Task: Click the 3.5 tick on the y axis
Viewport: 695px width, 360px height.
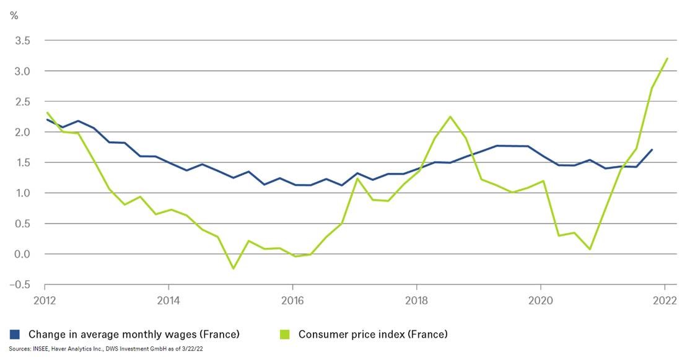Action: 24,41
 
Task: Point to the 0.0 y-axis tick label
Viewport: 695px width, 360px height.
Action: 24,254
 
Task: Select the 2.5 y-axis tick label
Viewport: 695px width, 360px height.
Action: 24,102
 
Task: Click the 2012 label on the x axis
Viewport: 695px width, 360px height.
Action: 45,302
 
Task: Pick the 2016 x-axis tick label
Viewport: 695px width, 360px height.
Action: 292,302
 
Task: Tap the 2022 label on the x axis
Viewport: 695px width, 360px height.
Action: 665,302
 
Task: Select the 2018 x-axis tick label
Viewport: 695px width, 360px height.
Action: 416,302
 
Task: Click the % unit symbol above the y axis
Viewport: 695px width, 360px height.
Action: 14,15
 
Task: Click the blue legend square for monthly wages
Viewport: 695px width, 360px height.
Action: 14,335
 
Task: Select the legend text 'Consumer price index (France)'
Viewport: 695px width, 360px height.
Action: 372,335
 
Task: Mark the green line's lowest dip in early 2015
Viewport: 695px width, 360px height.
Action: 234,268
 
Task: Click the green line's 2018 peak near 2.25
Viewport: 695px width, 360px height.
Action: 450,116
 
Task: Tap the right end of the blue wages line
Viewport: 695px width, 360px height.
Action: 652,149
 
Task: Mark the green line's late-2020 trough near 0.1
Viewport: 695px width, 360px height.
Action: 589,249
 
